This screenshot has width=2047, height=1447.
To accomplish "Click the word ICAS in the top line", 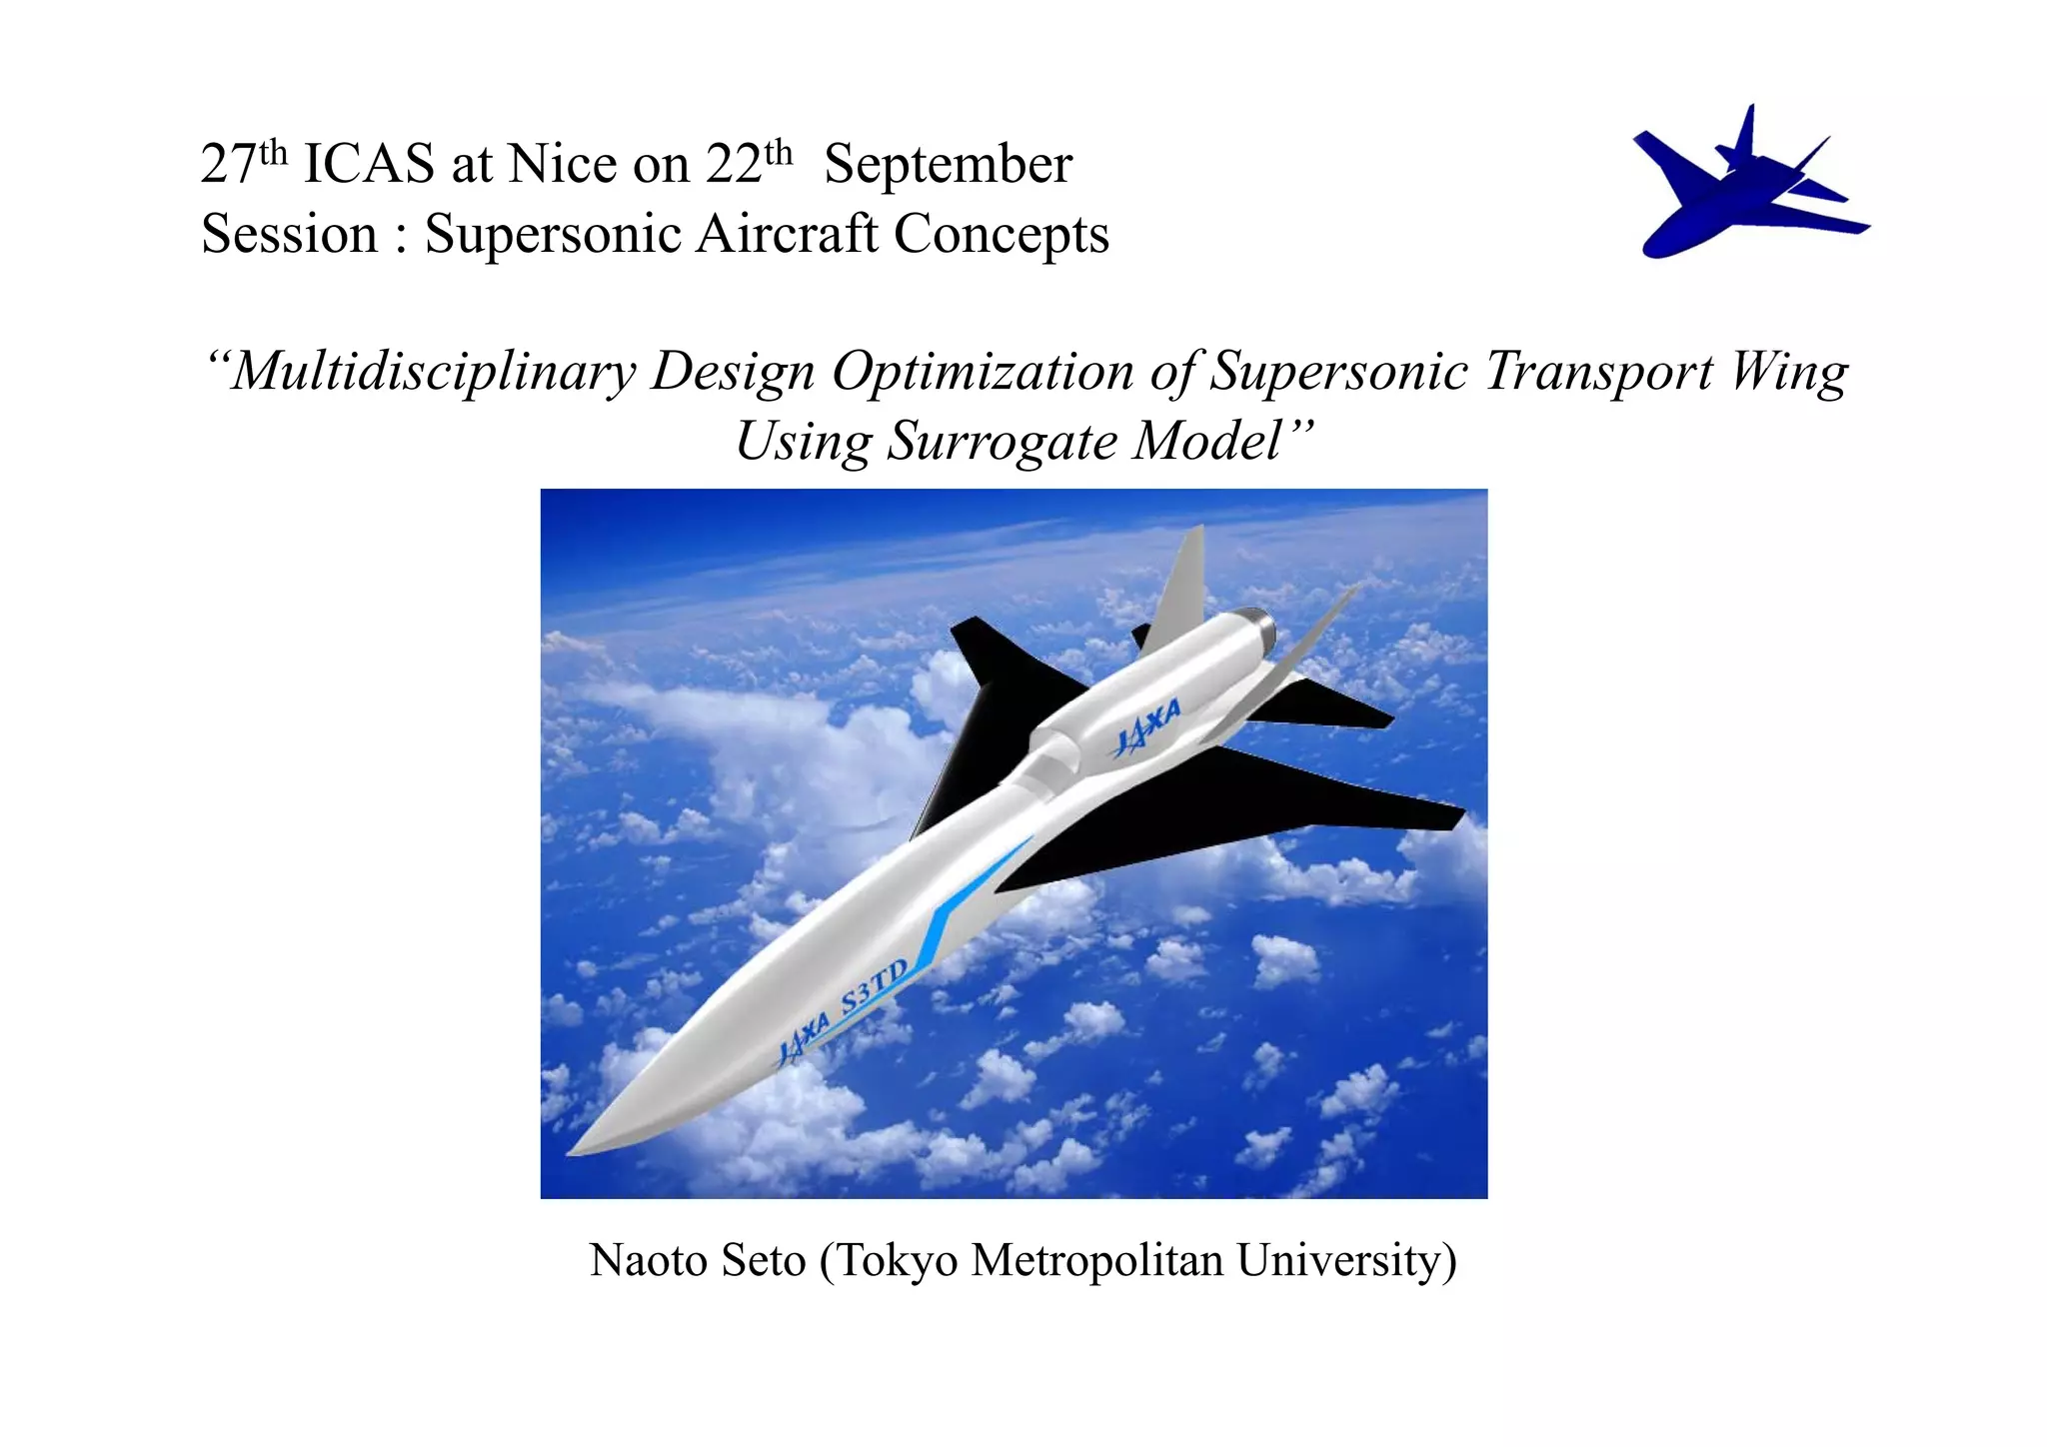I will point(368,164).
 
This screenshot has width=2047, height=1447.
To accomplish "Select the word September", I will point(948,164).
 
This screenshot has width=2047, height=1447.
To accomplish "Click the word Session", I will point(289,234).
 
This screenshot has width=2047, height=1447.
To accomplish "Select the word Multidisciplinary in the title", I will point(433,372).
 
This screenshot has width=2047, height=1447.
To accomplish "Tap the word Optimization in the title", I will point(984,372).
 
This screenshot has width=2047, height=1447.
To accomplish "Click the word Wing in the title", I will point(1788,372).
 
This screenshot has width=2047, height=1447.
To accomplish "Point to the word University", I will point(1345,1260).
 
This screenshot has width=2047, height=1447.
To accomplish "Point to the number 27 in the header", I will point(228,164).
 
